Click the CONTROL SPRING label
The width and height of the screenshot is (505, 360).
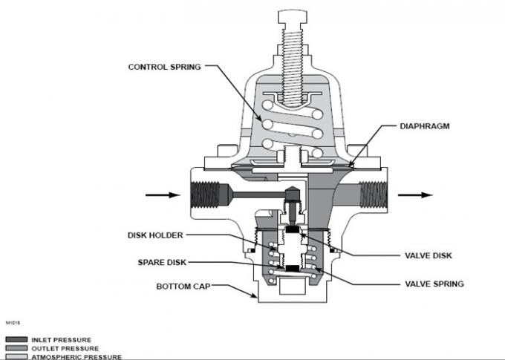166,66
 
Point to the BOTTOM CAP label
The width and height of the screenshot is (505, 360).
181,285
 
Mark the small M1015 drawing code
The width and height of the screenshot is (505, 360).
13,324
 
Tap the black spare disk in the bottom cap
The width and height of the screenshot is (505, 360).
294,268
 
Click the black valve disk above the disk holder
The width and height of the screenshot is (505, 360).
294,229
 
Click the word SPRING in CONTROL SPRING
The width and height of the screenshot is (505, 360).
186,66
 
